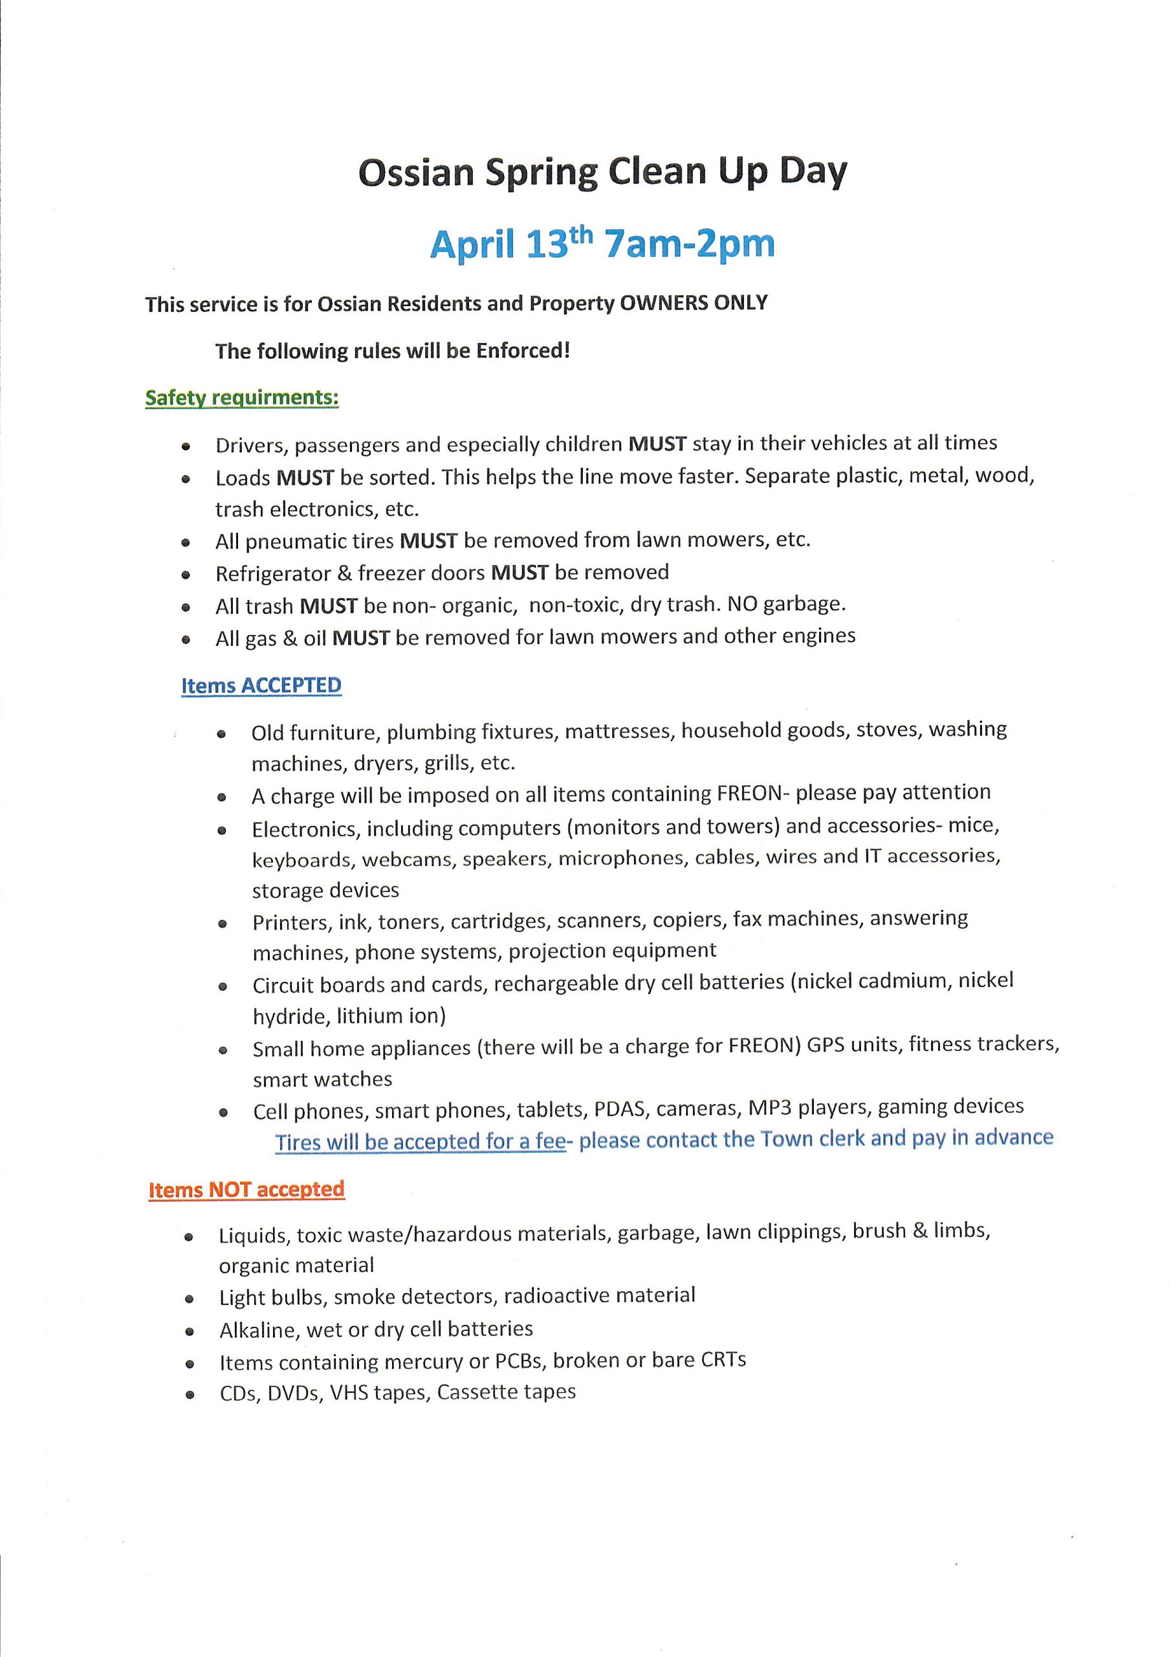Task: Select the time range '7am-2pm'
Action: [690, 244]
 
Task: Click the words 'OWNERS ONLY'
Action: [694, 303]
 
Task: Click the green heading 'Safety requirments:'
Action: [242, 397]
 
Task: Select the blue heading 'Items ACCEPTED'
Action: [261, 685]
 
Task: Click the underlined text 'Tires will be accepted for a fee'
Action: [420, 1142]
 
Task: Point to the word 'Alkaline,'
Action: [259, 1329]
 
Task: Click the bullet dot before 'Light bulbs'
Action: [190, 1299]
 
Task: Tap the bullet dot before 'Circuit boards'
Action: [223, 986]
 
